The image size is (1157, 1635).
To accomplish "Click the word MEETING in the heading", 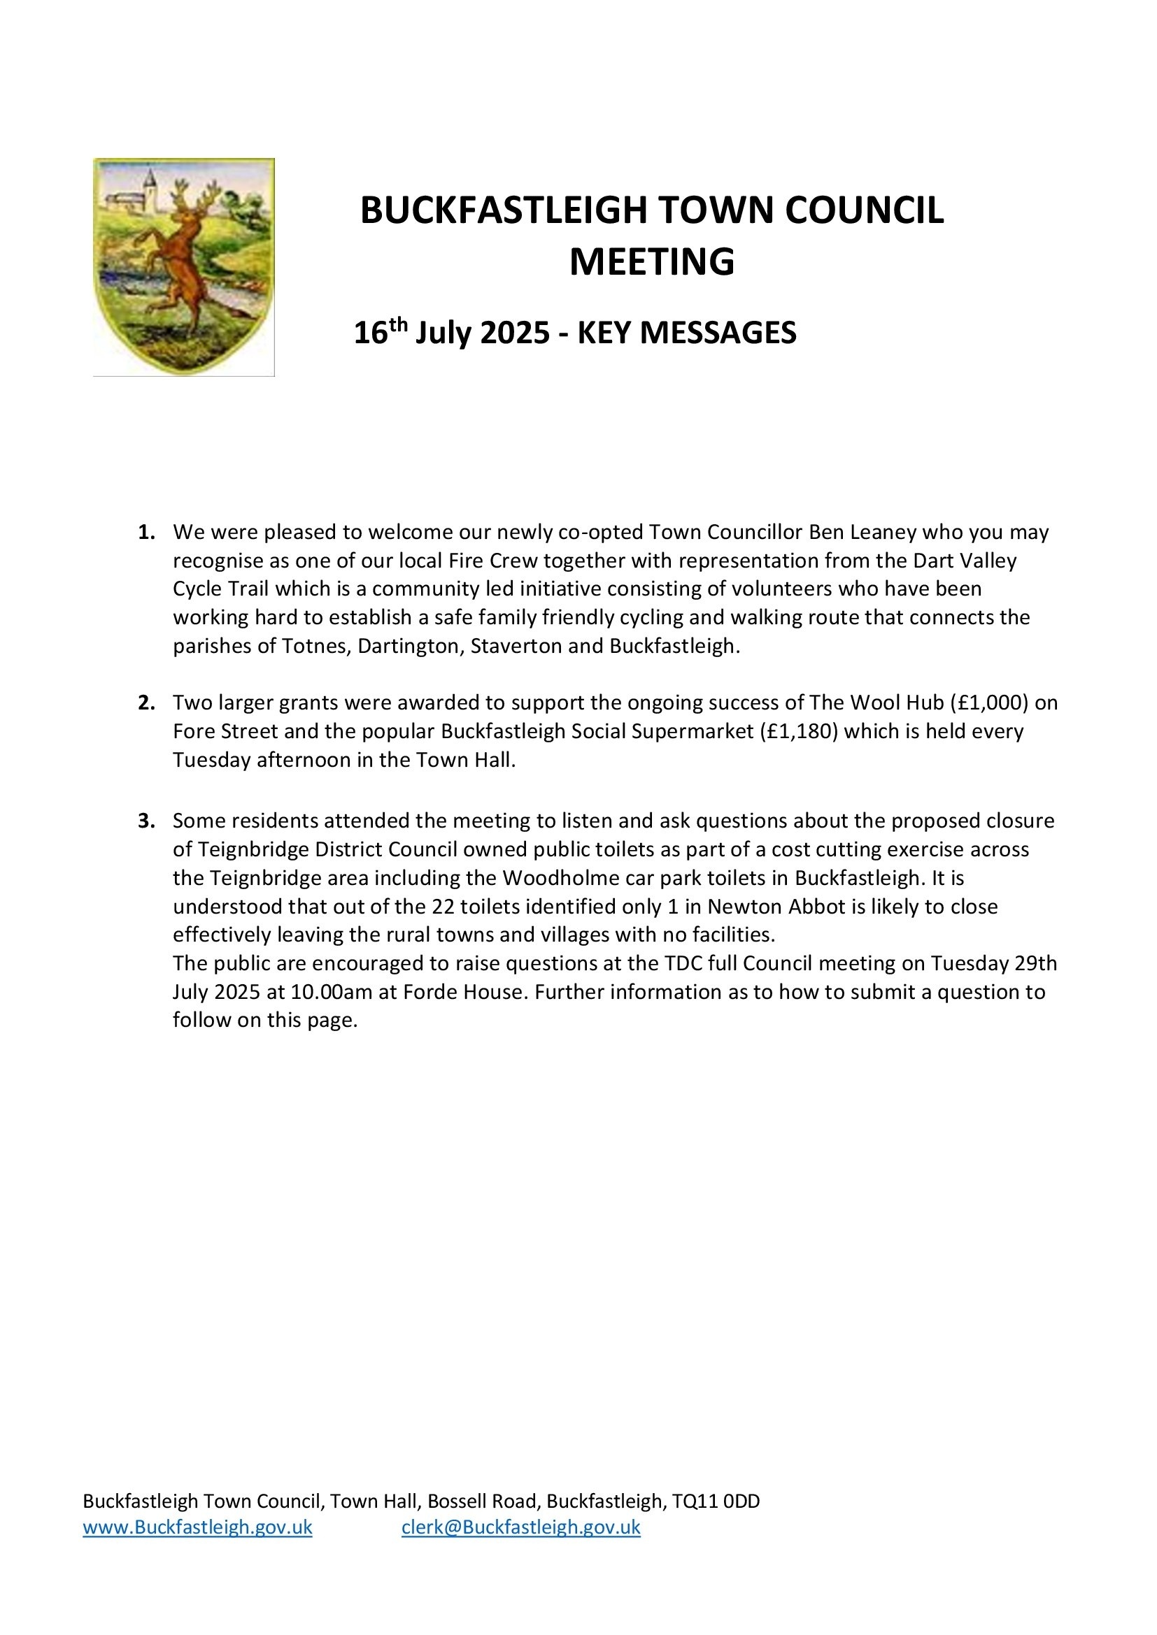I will [x=651, y=262].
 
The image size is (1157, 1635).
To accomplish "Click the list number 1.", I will [x=146, y=533].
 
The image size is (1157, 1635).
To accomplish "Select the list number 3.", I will [x=146, y=821].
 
